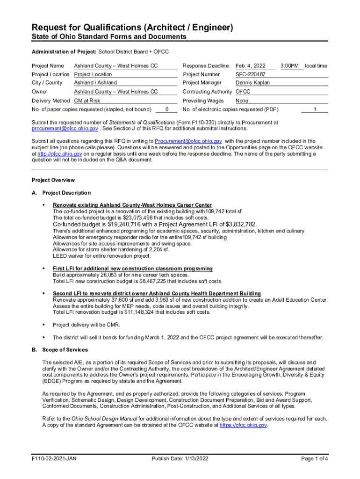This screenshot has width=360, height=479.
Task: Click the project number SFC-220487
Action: [251, 74]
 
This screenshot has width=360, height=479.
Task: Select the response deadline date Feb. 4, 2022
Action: [251, 66]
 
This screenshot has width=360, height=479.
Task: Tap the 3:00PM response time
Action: [290, 66]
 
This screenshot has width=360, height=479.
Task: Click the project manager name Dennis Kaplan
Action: [252, 83]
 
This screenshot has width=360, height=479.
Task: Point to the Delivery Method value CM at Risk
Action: [87, 101]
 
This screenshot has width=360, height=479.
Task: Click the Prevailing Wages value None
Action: [242, 101]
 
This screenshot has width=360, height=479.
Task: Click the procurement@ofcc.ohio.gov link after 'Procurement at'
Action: [65, 129]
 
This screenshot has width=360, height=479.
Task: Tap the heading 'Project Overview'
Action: [53, 180]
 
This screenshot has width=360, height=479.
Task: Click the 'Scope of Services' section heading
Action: [65, 350]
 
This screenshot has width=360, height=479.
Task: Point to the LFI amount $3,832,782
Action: [238, 225]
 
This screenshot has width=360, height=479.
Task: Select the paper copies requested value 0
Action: [167, 109]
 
